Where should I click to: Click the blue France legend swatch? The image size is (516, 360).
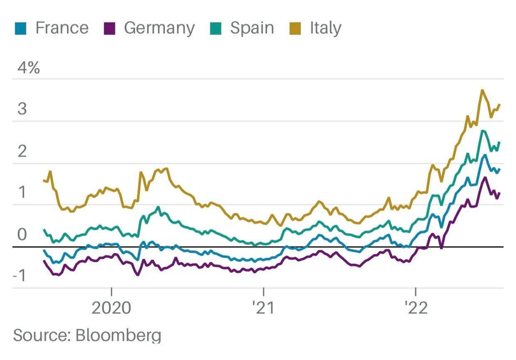21,29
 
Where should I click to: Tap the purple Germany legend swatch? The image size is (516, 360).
110,29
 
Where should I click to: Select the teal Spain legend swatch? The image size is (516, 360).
216,29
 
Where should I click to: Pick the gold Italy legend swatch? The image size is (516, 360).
296,29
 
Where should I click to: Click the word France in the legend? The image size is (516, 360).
62,28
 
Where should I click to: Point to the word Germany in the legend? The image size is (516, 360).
159,29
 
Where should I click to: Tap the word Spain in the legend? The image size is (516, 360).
252,29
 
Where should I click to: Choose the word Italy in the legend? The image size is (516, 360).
325,29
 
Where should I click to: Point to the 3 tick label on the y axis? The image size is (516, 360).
22,109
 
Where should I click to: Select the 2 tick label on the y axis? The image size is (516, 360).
22,151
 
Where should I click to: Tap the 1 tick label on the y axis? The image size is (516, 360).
22,192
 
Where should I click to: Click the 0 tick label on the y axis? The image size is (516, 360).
22,234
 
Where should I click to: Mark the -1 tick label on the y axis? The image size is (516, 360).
21,276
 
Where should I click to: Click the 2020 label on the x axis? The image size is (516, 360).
111,308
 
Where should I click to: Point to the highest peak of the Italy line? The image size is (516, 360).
482,90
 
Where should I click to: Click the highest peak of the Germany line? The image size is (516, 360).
485,178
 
